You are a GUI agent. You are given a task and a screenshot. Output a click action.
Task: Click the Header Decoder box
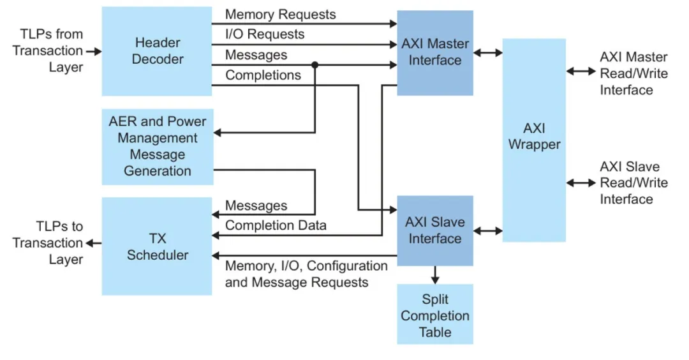tap(157, 51)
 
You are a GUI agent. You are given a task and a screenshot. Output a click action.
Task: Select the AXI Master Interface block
tap(435, 52)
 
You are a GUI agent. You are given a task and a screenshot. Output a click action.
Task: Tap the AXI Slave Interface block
tap(435, 230)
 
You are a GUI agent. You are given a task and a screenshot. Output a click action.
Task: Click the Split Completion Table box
tap(435, 315)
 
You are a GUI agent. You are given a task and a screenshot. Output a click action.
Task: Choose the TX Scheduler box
tap(157, 246)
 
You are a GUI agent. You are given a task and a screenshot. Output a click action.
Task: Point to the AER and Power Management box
tap(157, 146)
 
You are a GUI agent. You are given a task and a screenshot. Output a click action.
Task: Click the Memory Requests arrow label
tap(280, 14)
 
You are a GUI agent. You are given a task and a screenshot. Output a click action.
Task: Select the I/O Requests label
tap(265, 34)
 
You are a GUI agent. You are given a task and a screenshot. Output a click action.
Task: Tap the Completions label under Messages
tap(263, 75)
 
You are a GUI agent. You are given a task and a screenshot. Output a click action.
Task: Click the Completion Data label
tap(276, 225)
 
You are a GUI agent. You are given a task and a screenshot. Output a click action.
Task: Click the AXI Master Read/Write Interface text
tap(633, 73)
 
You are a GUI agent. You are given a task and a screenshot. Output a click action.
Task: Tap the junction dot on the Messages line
tap(315, 65)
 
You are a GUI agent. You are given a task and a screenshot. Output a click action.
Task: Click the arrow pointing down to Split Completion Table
tap(435, 275)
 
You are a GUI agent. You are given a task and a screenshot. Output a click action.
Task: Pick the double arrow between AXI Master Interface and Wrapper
tap(488, 53)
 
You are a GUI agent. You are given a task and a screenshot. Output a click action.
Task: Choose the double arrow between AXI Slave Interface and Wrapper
tap(488, 230)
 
